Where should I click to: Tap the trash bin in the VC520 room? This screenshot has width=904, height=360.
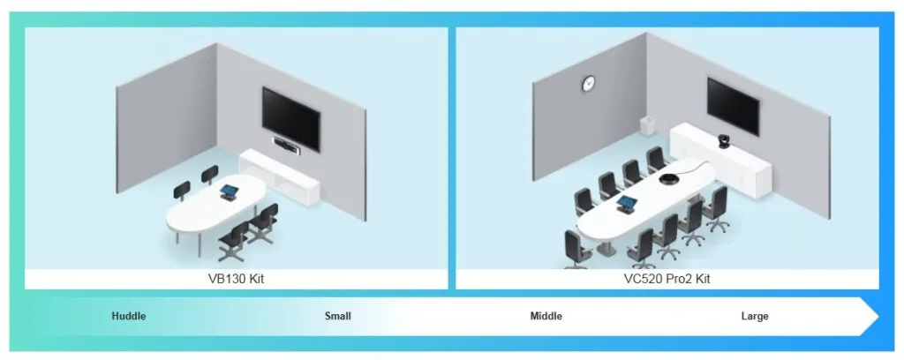click(x=646, y=125)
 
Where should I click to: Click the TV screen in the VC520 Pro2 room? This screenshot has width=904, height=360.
click(x=733, y=105)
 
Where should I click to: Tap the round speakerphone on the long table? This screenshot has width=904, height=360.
click(x=671, y=180)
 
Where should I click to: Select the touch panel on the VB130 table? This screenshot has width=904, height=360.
click(x=230, y=191)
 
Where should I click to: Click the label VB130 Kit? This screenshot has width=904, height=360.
click(x=236, y=279)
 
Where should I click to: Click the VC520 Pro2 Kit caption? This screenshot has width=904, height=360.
click(x=667, y=279)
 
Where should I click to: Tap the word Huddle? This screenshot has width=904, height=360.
click(x=129, y=316)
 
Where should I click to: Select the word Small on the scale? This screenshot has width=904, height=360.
click(x=337, y=316)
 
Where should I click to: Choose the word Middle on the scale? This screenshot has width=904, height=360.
click(x=546, y=316)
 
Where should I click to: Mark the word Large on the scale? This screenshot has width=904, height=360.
click(x=754, y=316)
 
